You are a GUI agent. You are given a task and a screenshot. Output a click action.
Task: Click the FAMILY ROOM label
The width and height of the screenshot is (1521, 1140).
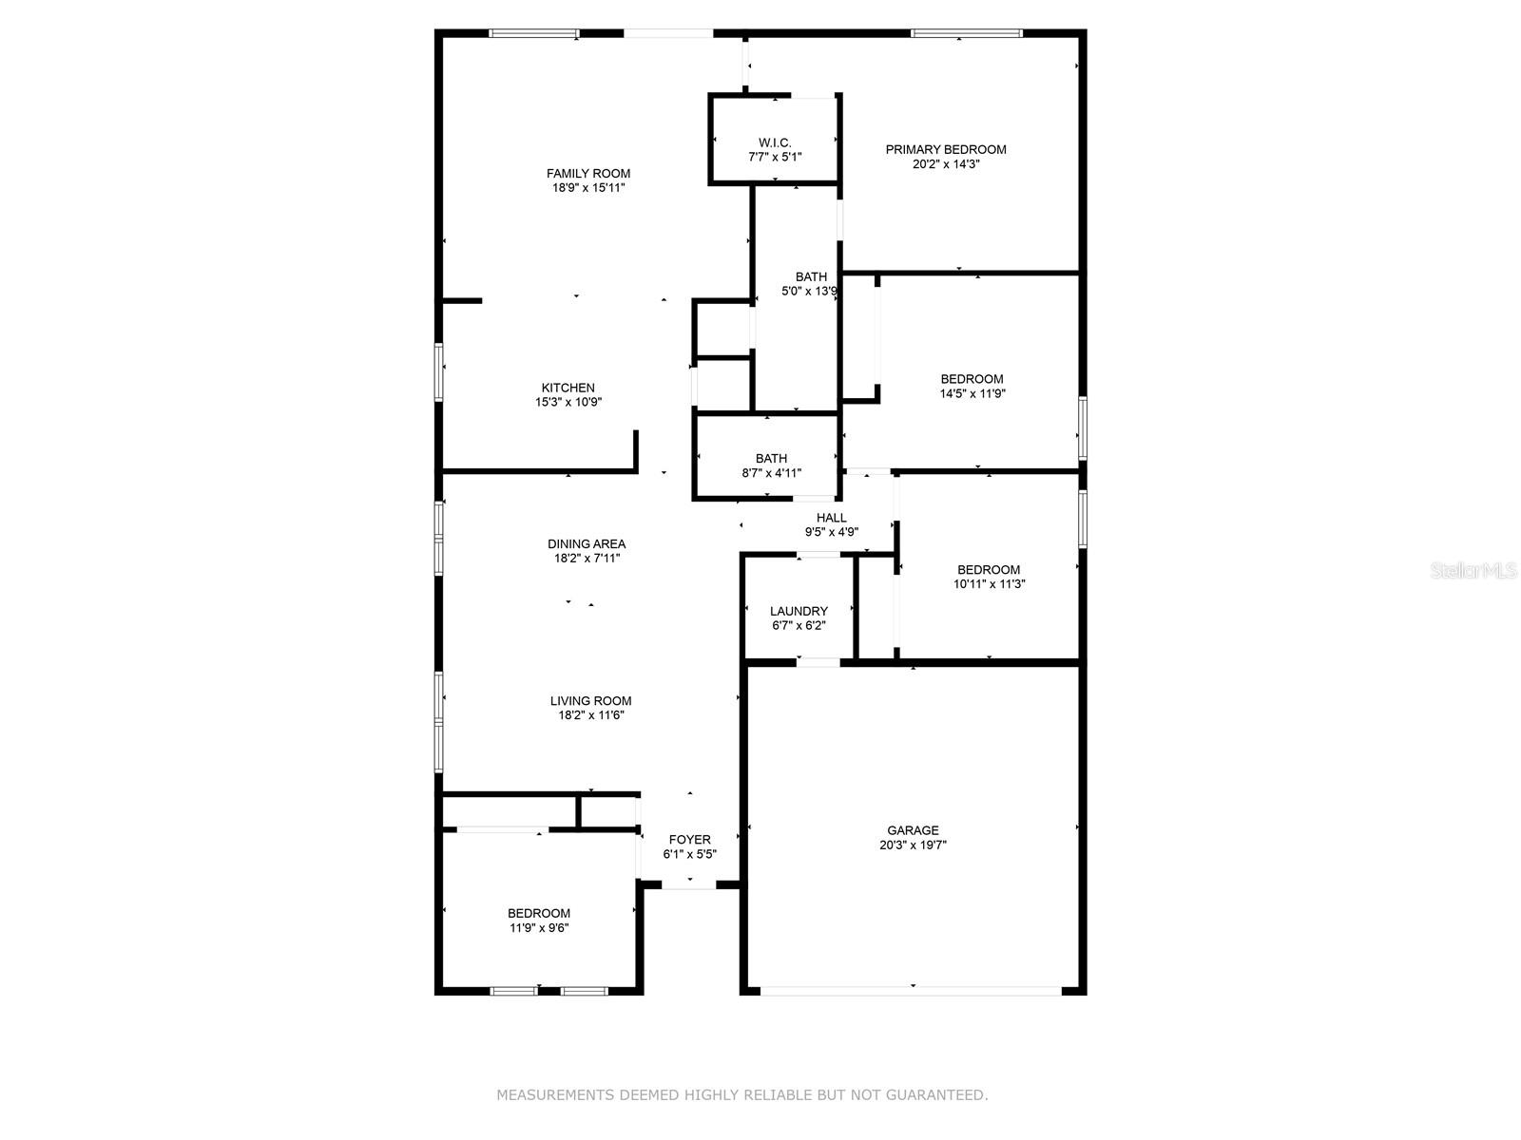pos(587,173)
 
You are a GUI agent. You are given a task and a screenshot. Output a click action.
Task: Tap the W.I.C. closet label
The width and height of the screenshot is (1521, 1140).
pos(774,142)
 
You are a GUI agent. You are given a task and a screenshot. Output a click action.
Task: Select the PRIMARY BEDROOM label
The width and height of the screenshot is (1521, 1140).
pos(945,149)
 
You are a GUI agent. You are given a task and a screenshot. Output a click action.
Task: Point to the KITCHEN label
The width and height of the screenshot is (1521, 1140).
pos(568,388)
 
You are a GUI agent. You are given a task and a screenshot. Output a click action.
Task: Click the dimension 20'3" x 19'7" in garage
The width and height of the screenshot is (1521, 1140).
pos(913,845)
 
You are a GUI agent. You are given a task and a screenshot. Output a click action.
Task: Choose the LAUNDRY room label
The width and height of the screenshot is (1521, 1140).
pos(799,611)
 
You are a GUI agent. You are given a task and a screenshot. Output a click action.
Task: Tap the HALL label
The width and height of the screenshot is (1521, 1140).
pos(831,518)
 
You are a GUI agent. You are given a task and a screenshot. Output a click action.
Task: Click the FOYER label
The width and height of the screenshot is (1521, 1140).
pos(689,840)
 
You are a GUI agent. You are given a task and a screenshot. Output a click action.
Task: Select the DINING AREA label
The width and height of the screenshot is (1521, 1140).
pos(587,544)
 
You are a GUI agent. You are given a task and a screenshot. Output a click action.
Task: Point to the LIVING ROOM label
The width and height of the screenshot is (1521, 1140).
pos(590,700)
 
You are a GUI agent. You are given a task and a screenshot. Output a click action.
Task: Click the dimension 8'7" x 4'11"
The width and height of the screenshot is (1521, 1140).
pos(771,473)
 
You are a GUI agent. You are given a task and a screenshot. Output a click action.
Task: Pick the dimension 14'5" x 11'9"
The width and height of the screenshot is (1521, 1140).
pos(972,393)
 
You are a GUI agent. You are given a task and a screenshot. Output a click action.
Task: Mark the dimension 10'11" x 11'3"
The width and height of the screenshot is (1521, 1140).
pos(989,583)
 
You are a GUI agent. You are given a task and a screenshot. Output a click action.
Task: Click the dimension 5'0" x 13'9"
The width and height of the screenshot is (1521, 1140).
pos(809,292)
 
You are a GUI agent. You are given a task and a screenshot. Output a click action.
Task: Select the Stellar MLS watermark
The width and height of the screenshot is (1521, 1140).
pos(1473,570)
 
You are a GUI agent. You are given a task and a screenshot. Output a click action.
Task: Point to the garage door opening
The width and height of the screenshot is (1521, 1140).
pos(911,991)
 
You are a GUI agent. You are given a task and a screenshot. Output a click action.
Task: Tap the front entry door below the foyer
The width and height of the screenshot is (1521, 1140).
pos(688,884)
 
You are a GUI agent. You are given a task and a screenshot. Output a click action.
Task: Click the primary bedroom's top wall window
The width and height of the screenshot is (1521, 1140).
pos(966,33)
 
